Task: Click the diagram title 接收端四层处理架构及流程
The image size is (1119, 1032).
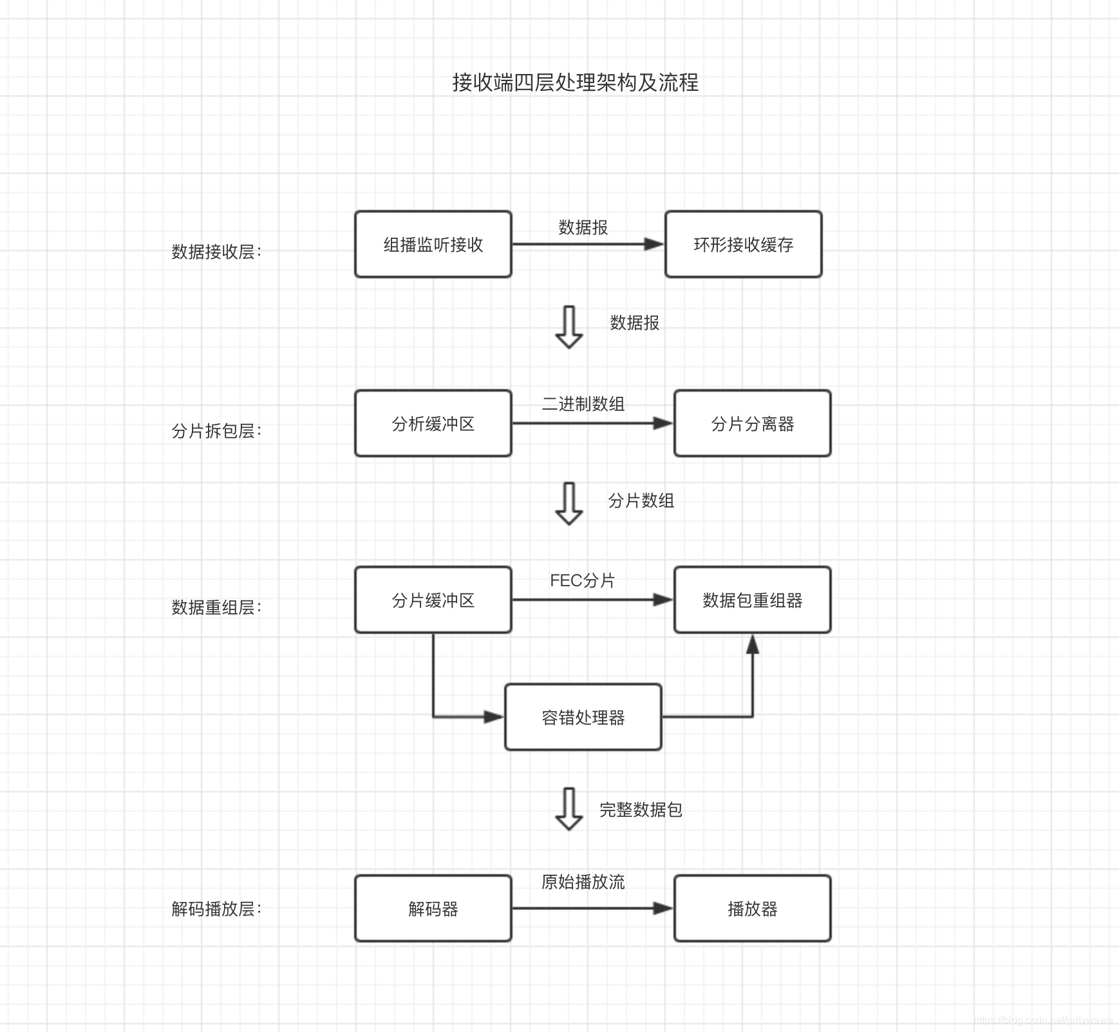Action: point(575,82)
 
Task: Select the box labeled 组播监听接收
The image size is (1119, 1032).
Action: point(433,244)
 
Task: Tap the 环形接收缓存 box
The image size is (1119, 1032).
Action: point(744,244)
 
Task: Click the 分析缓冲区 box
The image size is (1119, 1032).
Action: point(433,423)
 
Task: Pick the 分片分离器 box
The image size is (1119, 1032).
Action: point(753,423)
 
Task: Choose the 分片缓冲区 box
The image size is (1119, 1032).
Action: point(433,600)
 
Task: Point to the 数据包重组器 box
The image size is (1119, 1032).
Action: point(753,600)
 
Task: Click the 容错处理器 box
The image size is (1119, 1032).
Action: point(583,717)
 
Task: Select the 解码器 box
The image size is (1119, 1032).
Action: point(433,908)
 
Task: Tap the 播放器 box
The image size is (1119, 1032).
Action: point(753,908)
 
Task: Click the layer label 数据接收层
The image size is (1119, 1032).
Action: point(216,251)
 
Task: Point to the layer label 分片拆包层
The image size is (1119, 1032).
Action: point(216,430)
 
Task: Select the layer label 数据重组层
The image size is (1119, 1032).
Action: point(216,607)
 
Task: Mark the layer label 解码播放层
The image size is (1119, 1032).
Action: point(216,908)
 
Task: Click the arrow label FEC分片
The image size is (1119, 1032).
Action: point(583,580)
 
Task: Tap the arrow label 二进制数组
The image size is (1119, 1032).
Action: point(583,404)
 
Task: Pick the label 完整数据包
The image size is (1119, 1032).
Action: point(641,810)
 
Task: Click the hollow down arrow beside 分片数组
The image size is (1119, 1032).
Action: point(569,503)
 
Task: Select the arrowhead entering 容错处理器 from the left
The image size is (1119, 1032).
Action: point(494,716)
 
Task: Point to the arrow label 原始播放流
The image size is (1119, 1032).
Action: point(583,882)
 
